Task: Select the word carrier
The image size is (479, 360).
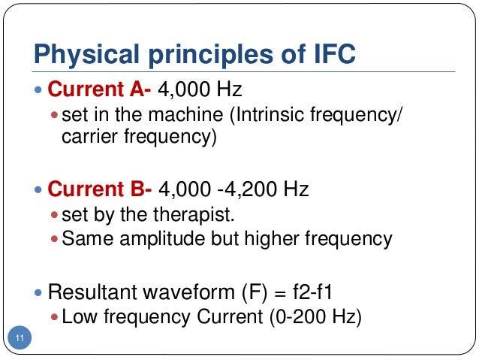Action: pyautogui.click(x=86, y=138)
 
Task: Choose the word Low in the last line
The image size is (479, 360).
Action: pyautogui.click(x=76, y=317)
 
